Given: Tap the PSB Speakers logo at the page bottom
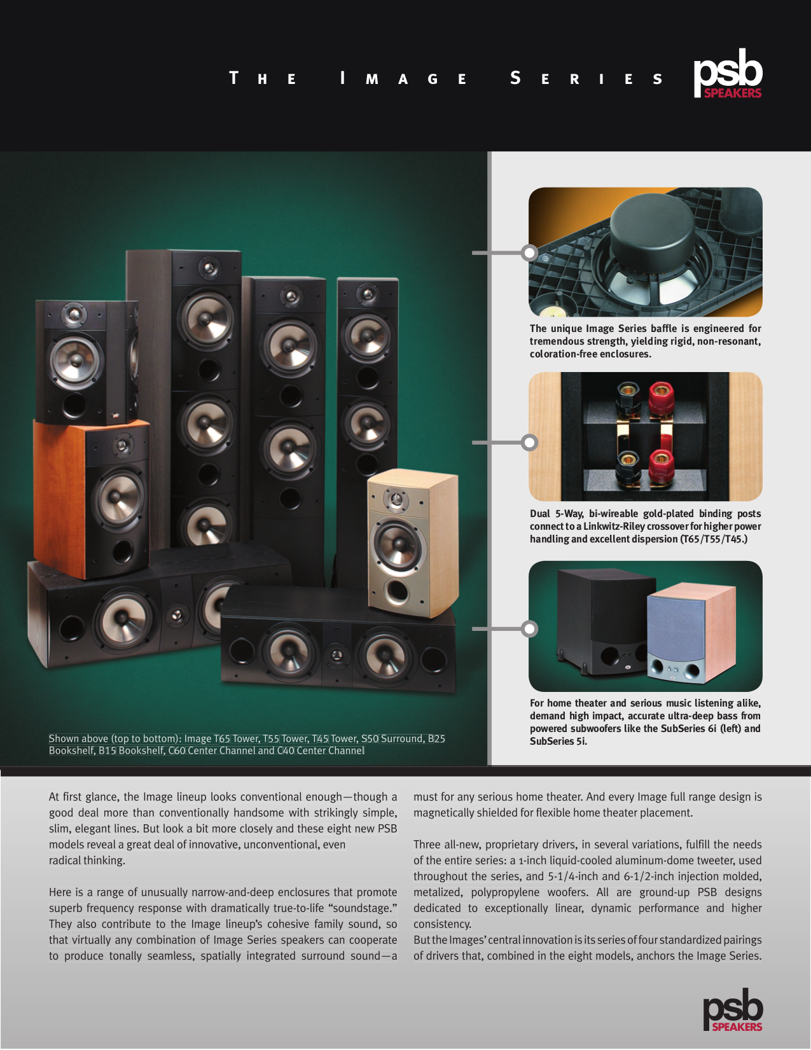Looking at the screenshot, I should (x=732, y=1011).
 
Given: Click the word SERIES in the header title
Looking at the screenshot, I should (x=586, y=79).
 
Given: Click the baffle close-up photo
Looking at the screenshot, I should (x=645, y=252).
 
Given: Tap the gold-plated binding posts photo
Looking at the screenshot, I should (x=645, y=436).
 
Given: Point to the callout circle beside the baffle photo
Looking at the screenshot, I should (x=529, y=253).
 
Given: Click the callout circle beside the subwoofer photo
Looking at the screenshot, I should (x=529, y=629).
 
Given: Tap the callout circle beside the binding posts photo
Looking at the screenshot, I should (x=529, y=442).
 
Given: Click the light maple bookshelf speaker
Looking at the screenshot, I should (x=412, y=544).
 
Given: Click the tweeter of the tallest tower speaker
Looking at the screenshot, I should (x=208, y=268).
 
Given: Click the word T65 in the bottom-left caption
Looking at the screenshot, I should (x=221, y=739).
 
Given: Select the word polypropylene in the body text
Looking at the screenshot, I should (x=505, y=893).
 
